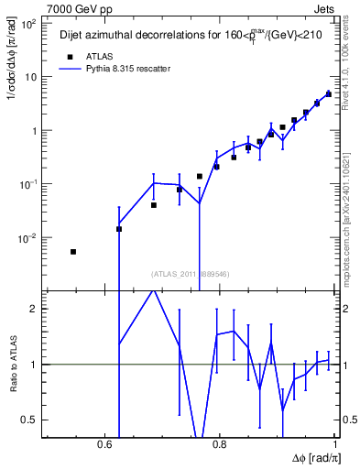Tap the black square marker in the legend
tap(69, 56)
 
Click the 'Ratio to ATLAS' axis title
tap(13, 365)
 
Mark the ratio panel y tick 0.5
tap(31, 420)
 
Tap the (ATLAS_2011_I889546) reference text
tap(191, 273)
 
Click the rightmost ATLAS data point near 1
tap(328, 93)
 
